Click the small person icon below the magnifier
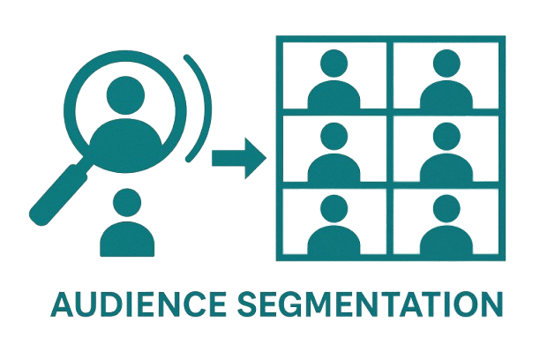127,224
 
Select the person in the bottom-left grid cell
332,224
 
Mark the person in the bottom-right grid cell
444,224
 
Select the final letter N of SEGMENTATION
490,304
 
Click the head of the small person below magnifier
127,202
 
